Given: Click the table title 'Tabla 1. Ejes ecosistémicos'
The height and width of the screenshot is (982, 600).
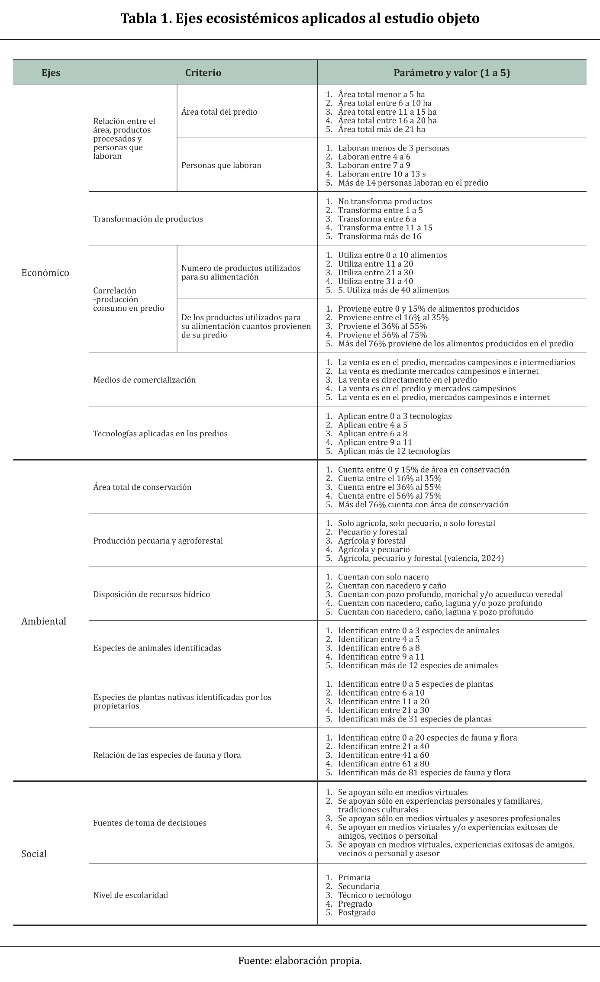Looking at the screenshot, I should point(300,19).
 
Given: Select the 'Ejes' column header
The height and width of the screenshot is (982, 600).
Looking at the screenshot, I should point(51,73).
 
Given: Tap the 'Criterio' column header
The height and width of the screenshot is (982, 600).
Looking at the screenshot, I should point(203,73).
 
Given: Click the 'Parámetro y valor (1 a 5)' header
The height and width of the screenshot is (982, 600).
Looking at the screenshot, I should point(452,73).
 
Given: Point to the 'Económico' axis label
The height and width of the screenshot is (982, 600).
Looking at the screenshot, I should point(45,273).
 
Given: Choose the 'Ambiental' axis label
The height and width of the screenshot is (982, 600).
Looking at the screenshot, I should point(44,621).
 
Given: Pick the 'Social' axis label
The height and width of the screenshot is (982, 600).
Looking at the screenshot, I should point(34,853).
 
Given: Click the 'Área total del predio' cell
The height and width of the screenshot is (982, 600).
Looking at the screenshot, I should point(219,112).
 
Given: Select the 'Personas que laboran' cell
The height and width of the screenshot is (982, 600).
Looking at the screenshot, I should point(221,165).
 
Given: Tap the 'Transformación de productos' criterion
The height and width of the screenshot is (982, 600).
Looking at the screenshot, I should point(148,219).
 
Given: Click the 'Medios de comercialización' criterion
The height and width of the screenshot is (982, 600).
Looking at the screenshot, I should point(145,380).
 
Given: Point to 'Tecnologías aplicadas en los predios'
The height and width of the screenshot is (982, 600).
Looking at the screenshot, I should point(160,433).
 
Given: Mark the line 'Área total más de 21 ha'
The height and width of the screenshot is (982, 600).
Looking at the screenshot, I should point(381,129).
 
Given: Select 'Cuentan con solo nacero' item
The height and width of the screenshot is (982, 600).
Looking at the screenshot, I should point(383,577).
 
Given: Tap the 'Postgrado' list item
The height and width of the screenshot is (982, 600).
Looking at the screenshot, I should point(357,912).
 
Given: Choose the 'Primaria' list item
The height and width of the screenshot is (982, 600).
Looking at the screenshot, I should point(354,877).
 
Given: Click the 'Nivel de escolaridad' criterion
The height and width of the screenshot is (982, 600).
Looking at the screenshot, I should point(130,895).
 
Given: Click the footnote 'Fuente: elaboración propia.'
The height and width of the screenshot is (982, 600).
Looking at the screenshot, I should point(300,961).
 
